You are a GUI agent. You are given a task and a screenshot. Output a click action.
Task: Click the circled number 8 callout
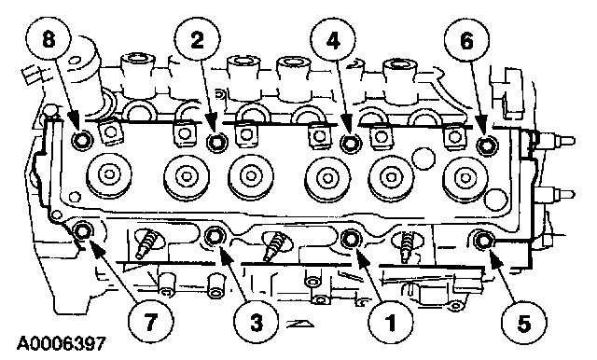[x=49, y=40]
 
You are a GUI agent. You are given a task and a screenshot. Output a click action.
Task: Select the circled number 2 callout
[x=197, y=40]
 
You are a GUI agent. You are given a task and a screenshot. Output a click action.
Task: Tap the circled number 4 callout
[x=333, y=40]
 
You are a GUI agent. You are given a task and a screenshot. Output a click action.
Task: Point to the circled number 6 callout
[x=466, y=40]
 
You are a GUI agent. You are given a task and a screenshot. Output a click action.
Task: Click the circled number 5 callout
[x=524, y=323]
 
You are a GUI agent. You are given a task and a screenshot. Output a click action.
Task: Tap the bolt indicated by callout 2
[x=217, y=143]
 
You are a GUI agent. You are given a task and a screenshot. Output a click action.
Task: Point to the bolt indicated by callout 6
[x=487, y=144]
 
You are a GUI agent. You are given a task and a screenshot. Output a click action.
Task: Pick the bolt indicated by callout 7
[x=82, y=231]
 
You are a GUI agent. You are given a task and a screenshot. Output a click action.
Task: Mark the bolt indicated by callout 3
[x=215, y=236]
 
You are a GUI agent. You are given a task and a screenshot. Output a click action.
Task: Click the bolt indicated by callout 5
[x=483, y=240]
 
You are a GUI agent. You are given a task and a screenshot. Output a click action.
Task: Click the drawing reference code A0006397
[x=61, y=343]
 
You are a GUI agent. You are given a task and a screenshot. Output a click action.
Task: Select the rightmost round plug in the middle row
[x=465, y=177]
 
